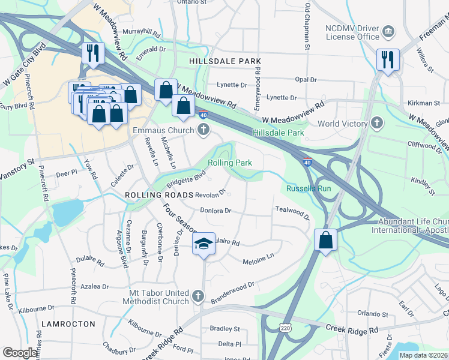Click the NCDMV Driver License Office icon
[x=388, y=31]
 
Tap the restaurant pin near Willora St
[x=387, y=59]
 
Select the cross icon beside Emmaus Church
[x=203, y=130]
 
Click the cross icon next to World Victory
[x=376, y=124]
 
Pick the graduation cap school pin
[x=203, y=244]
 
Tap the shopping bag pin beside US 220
[x=325, y=240]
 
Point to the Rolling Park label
[x=230, y=163]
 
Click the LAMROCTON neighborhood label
[x=68, y=323]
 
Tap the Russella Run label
[x=309, y=188]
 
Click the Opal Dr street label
[x=306, y=79]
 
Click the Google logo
[x=20, y=353]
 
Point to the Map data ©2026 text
[x=424, y=355]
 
